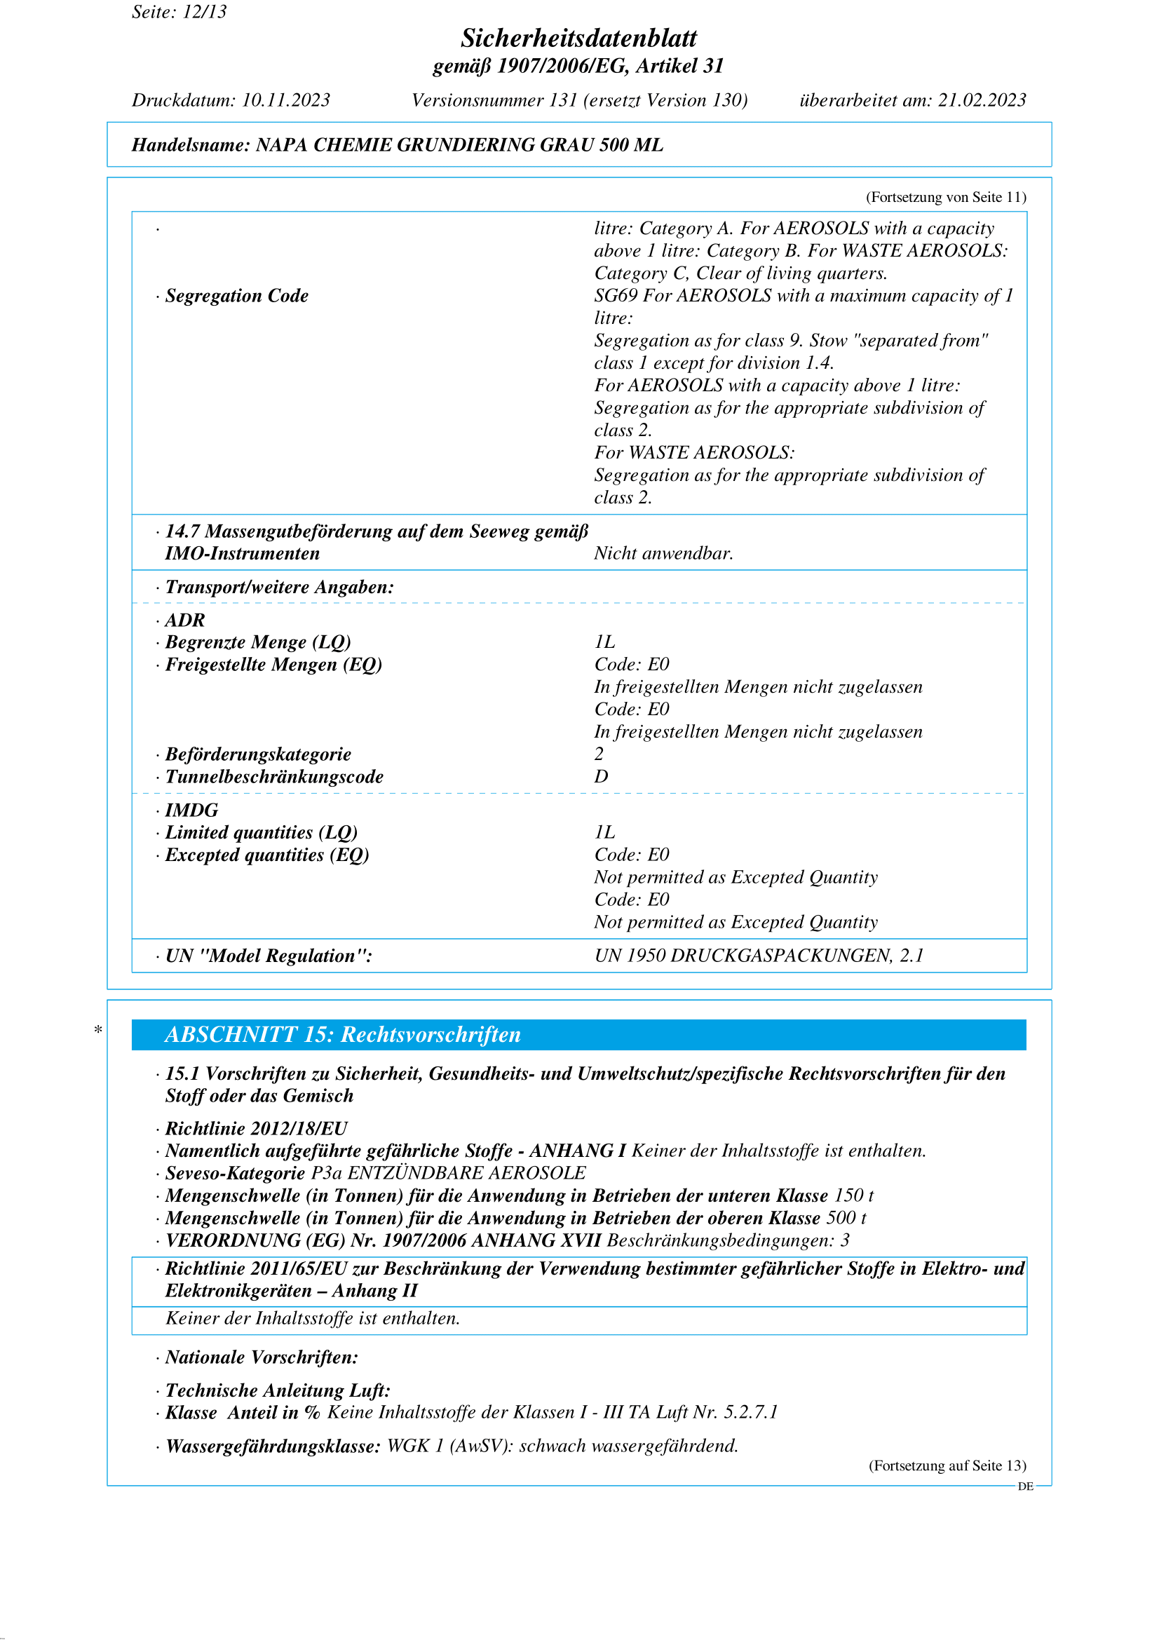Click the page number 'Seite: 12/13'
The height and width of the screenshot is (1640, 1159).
(179, 11)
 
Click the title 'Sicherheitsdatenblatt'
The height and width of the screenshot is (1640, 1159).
(578, 38)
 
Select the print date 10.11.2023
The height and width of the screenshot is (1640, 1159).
(285, 100)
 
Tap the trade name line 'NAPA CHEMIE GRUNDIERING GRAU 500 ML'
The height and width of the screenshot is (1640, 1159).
(459, 145)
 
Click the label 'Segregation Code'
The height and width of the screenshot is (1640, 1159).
(236, 296)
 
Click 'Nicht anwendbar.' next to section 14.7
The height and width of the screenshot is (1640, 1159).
(663, 554)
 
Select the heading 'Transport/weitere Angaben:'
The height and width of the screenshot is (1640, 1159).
(279, 587)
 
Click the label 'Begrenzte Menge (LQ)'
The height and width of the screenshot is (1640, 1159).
(258, 642)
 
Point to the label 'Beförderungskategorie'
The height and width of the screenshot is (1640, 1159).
(258, 754)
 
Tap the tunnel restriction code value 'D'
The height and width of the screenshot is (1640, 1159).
(602, 776)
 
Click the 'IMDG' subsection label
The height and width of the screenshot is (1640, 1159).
(191, 810)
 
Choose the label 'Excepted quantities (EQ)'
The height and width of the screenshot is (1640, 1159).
(267, 855)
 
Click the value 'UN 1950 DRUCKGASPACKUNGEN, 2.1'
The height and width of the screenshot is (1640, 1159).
(759, 956)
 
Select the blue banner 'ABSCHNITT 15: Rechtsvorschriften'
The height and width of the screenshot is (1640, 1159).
(578, 1035)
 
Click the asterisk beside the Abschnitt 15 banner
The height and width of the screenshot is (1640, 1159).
(98, 1030)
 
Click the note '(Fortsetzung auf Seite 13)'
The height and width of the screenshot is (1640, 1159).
(947, 1465)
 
